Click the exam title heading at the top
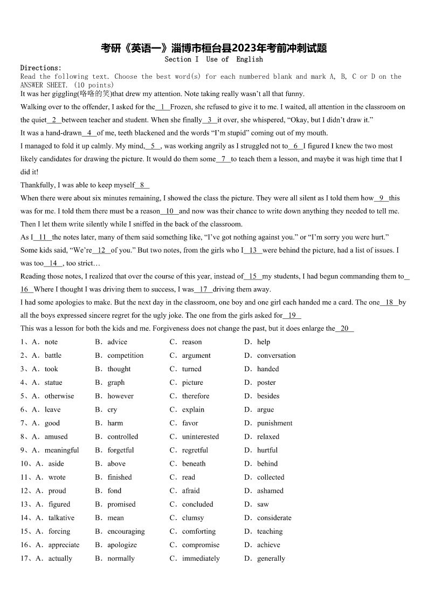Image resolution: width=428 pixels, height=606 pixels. pos(214,48)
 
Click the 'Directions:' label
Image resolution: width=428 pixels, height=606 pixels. pos(41,68)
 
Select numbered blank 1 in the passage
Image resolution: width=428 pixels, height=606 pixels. pos(163,107)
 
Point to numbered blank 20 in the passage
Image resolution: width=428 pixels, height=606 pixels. pos(345,328)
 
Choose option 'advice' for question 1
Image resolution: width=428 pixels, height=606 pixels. pos(117,342)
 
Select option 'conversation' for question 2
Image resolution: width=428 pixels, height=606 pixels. pos(276,355)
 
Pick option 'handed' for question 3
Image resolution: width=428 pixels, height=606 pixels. pos(268,369)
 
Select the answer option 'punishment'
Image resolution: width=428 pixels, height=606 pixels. pos(274,423)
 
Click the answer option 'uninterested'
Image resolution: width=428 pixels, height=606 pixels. pos(201,437)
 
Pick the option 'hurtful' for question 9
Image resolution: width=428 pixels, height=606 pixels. pos(267,450)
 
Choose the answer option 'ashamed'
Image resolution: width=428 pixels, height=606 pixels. pos(270,491)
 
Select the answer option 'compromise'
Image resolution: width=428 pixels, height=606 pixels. pos(201,544)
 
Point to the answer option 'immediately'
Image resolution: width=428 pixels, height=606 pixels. pos(201,558)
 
